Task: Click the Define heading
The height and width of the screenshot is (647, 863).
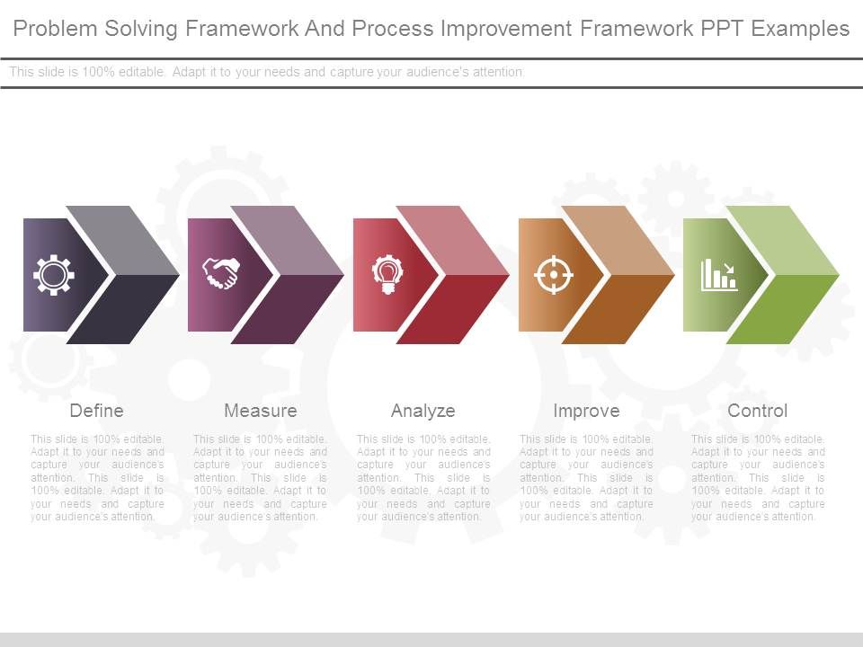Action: coord(96,411)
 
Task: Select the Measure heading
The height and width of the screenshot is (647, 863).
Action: coord(260,411)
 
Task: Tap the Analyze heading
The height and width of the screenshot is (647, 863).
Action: coord(423,411)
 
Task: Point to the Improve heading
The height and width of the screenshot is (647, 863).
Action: coord(586,411)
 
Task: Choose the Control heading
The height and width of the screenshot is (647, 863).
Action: coord(757,411)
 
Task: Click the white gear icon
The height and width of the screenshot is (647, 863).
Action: coord(54,274)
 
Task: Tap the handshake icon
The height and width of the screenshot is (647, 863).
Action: coord(219,274)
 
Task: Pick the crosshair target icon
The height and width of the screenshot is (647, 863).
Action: coord(553,274)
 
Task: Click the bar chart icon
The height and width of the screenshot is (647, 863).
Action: coord(719,274)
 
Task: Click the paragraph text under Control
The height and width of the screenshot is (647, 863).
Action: coord(757,478)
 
